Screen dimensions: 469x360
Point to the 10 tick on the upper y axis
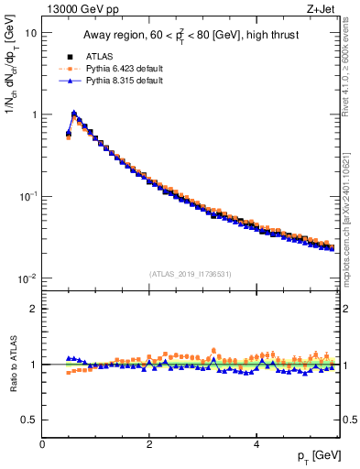click(30, 33)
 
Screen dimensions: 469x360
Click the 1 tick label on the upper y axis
click(34, 115)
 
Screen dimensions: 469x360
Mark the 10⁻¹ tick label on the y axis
click(28, 196)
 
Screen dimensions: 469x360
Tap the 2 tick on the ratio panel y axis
click(34, 309)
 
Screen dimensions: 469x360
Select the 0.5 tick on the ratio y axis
click(30, 420)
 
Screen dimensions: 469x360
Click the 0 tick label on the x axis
click(42, 444)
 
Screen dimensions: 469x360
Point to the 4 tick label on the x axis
click(256, 444)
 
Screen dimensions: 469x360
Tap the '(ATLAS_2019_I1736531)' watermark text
click(191, 273)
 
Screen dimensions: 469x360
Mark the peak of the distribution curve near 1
click(74, 115)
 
